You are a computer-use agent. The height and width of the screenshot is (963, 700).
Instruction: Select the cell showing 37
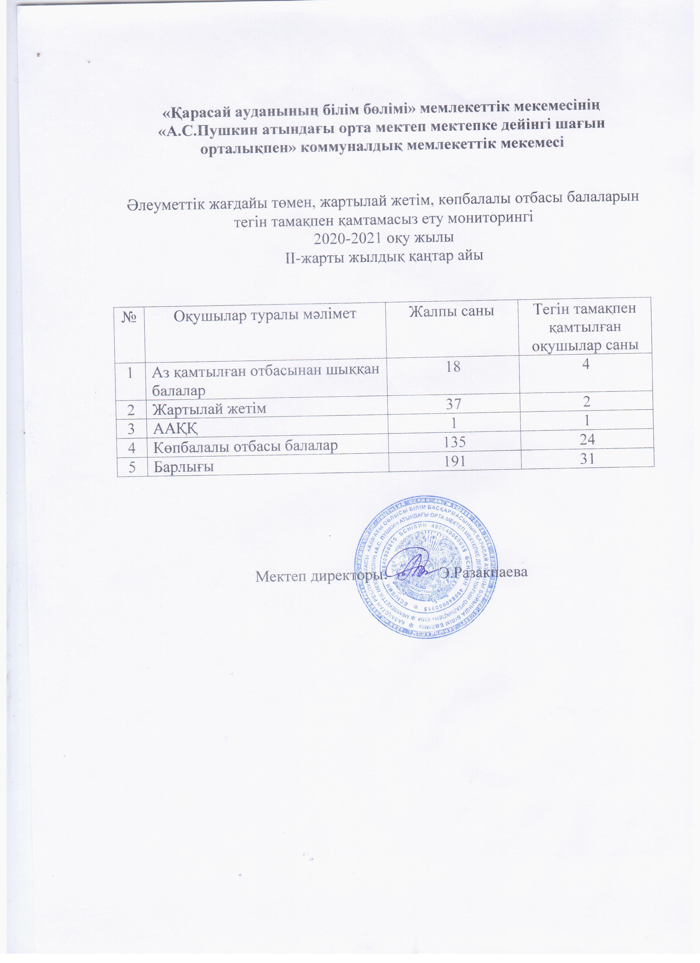pyautogui.click(x=453, y=403)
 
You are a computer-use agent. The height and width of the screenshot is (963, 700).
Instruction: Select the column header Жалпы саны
pyautogui.click(x=452, y=311)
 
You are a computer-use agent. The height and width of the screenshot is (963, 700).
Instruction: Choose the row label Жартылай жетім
pyautogui.click(x=209, y=409)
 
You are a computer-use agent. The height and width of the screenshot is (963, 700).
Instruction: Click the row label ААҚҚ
pyautogui.click(x=175, y=428)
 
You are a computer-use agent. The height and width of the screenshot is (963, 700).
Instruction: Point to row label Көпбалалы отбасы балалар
pyautogui.click(x=245, y=446)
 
